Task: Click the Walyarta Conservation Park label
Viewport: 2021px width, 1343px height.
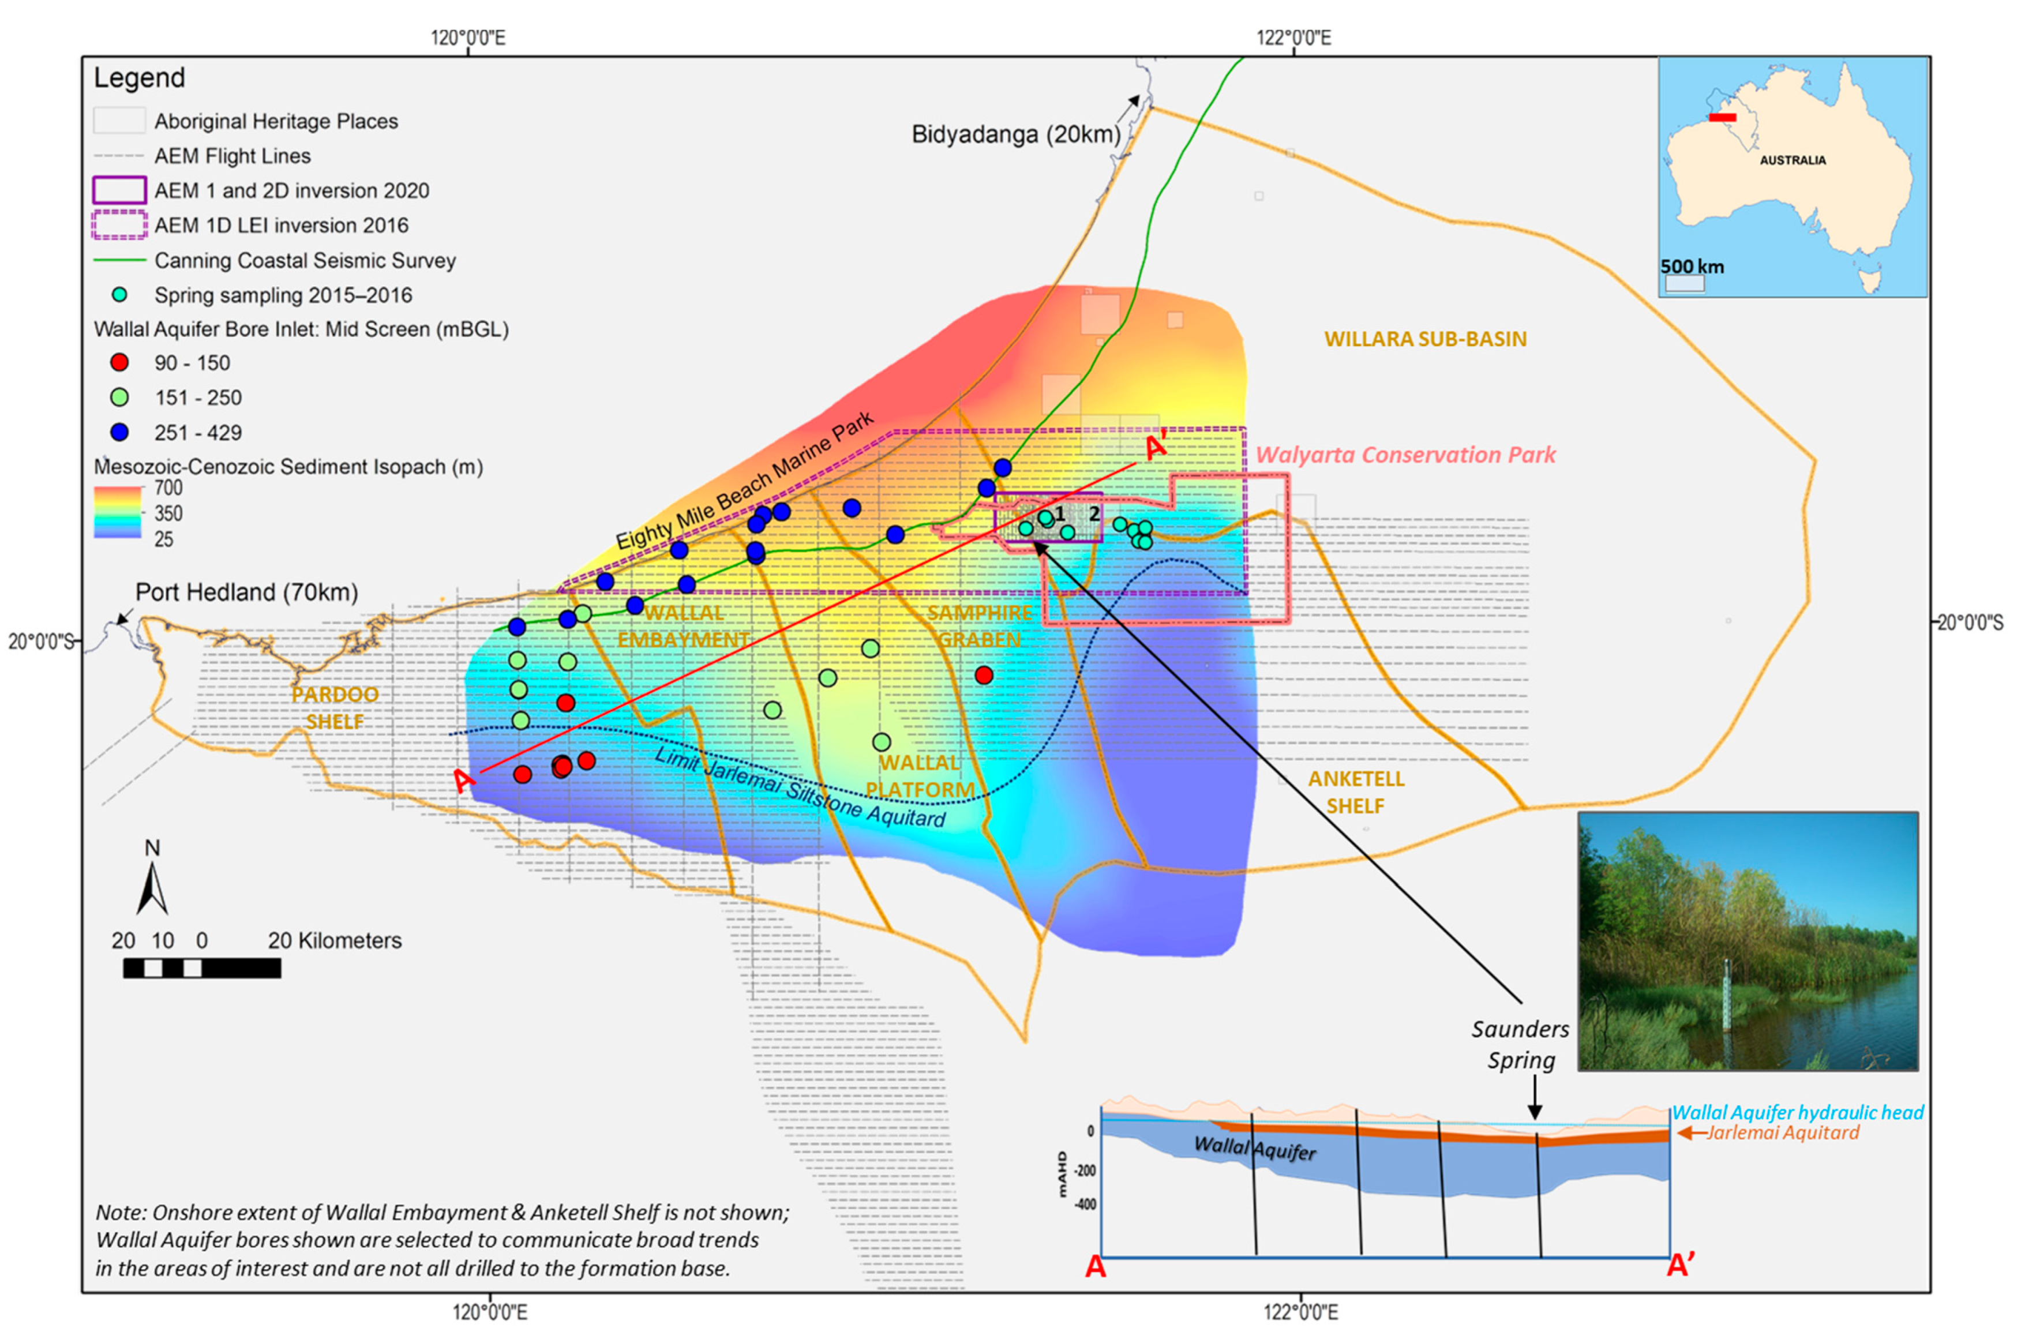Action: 1405,455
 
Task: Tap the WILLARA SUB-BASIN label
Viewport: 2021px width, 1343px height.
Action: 1425,339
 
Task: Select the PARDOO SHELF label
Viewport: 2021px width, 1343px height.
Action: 335,707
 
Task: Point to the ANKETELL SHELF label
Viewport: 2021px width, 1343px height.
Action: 1356,791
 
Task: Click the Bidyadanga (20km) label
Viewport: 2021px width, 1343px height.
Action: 1015,134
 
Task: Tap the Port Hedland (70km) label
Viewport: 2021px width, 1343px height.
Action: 246,592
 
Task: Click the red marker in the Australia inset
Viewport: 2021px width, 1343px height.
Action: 1722,117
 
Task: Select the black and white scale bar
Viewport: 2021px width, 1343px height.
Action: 202,968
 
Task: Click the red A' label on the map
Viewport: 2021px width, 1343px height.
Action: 1156,447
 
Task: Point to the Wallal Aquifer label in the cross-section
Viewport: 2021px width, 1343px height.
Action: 1255,1149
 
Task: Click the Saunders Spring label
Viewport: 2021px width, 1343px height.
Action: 1520,1044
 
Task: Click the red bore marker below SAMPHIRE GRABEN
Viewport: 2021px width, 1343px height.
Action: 984,675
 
